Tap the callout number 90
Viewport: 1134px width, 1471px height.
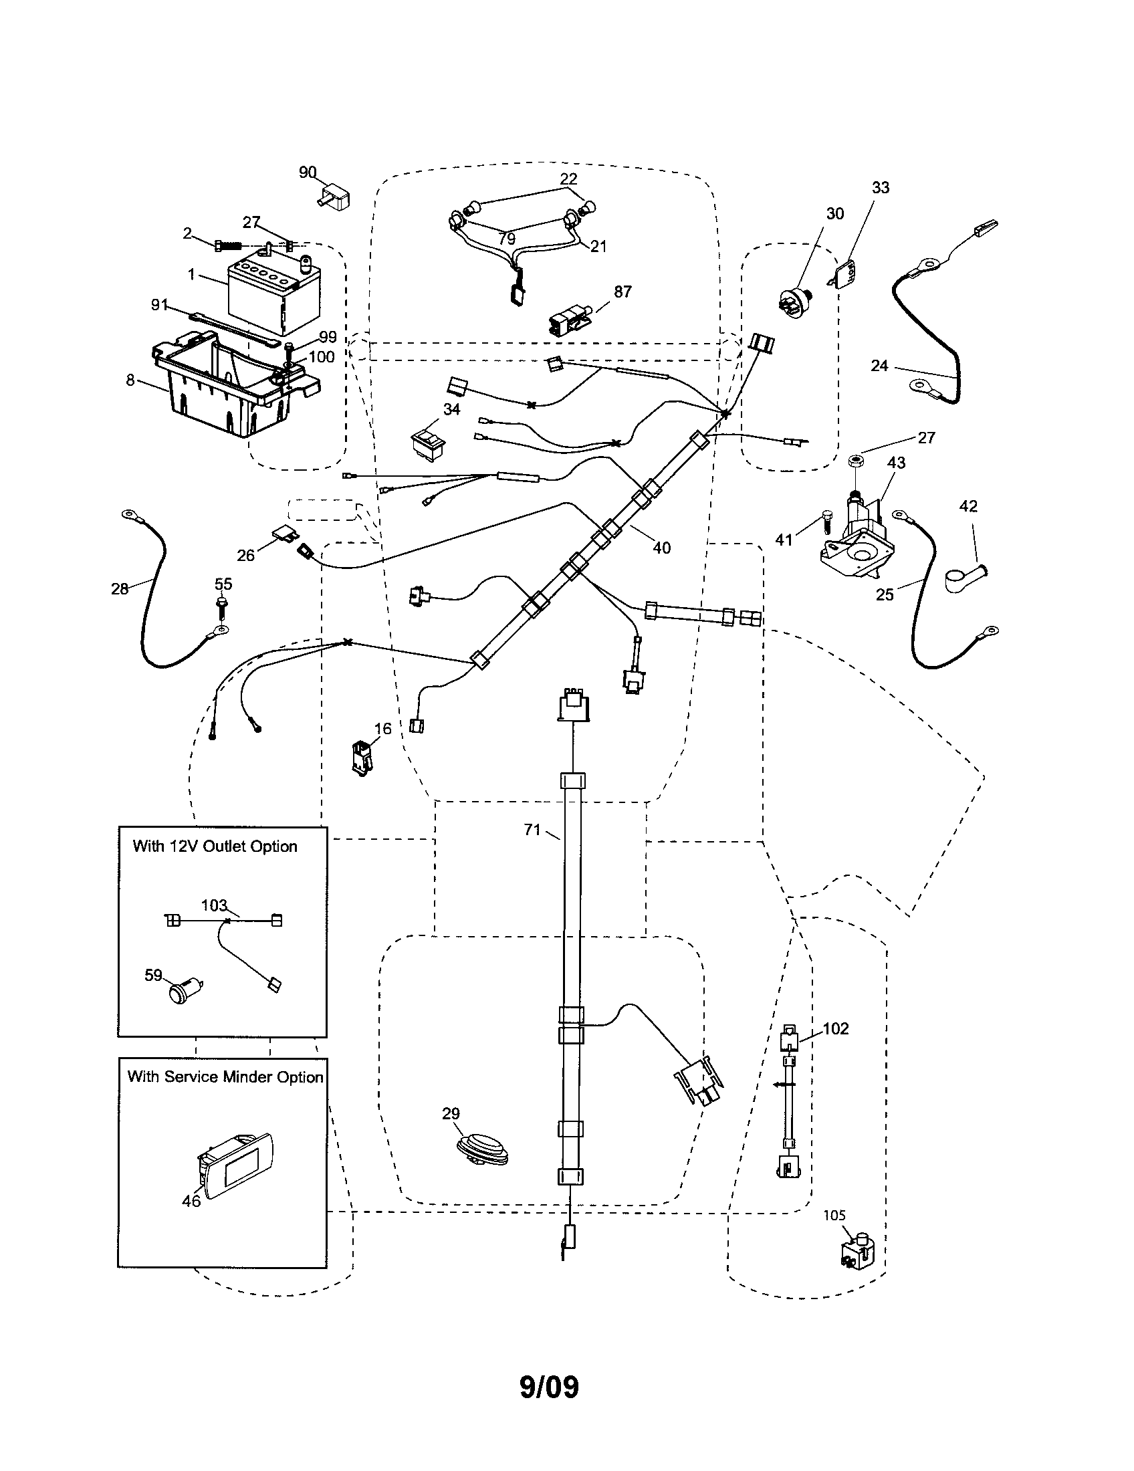click(308, 173)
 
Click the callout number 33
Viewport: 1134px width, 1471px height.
click(880, 188)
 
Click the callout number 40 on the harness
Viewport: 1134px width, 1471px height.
click(661, 548)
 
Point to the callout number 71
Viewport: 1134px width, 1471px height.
click(532, 830)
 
